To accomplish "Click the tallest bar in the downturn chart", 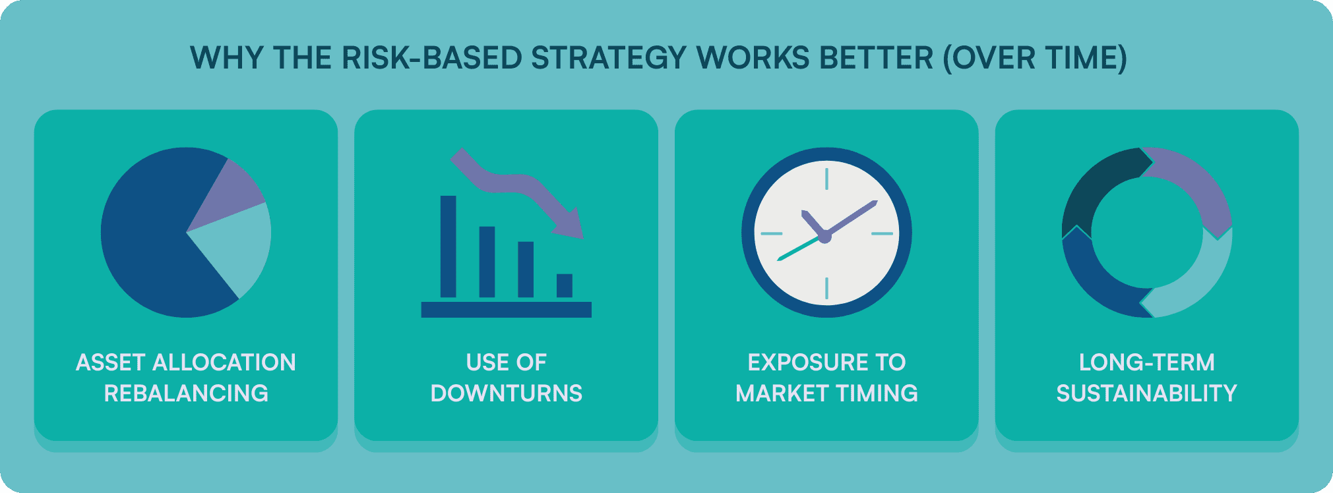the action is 449,246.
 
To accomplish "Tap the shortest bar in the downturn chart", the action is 565,285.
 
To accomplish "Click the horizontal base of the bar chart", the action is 507,310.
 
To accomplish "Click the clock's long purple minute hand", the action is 851,217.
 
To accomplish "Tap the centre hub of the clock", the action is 824,235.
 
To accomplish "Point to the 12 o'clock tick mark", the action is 826,179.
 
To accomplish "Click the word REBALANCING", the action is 186,393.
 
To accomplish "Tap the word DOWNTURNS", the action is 507,393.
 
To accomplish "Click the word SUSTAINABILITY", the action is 1147,393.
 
